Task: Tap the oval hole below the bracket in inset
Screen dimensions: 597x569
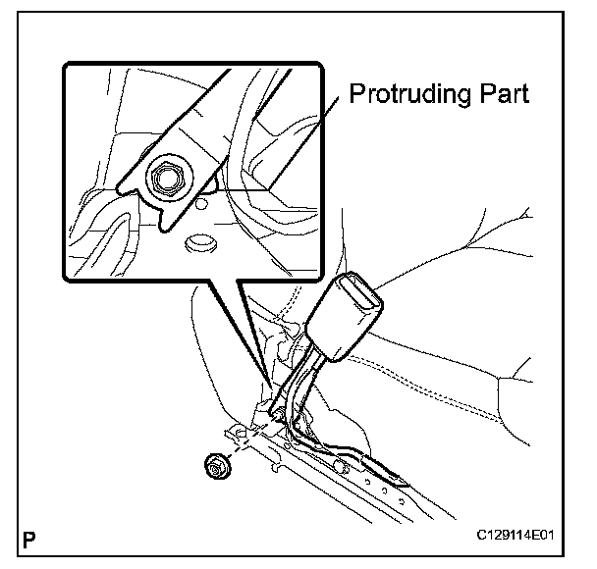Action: click(x=199, y=240)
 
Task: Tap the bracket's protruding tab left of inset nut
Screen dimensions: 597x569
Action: click(x=128, y=186)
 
